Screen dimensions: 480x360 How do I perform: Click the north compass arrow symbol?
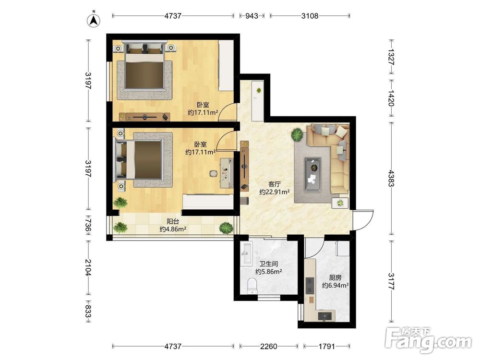tap(94, 20)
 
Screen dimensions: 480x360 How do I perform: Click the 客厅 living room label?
tap(275, 184)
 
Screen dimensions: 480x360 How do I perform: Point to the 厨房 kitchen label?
tap(335, 277)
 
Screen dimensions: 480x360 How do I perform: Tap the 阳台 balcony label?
tap(173, 221)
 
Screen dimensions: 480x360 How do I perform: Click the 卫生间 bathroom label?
tap(269, 264)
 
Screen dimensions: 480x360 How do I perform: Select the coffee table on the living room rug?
tap(312, 175)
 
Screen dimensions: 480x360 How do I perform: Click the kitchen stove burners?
tap(310, 285)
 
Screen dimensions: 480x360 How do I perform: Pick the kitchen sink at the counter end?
tap(324, 316)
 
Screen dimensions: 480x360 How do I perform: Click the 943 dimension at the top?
tap(252, 16)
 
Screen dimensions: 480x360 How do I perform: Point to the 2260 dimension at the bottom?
tap(268, 347)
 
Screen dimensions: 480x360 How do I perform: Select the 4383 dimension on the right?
tap(391, 178)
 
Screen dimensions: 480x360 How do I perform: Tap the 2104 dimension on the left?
tap(87, 267)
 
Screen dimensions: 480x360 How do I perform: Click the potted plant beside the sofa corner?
tap(297, 134)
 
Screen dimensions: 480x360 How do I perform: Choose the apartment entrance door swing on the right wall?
tap(363, 219)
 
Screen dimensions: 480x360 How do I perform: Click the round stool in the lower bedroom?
tap(214, 174)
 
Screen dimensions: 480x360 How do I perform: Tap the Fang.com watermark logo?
tap(428, 340)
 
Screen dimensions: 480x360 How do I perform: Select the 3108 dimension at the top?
tap(310, 16)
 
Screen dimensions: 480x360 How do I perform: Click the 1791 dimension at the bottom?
tap(326, 347)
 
